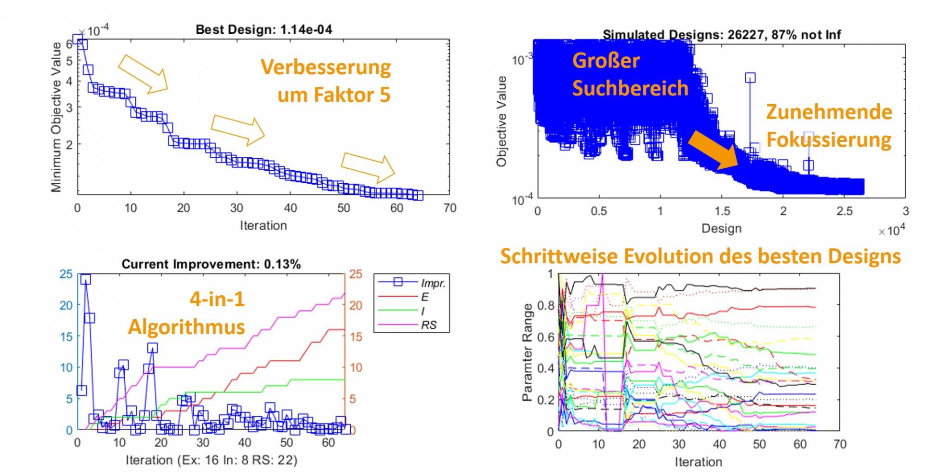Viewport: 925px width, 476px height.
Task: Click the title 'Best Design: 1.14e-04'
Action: [264, 29]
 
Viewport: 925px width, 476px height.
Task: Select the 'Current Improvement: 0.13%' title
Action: [211, 264]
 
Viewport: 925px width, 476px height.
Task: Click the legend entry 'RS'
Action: [428, 325]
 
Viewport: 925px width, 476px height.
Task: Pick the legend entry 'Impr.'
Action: [433, 283]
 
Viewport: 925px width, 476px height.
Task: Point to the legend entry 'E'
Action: [424, 297]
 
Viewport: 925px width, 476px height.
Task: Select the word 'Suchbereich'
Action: [630, 88]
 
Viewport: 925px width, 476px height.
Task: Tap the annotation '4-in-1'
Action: [217, 299]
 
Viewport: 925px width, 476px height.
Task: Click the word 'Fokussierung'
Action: [829, 140]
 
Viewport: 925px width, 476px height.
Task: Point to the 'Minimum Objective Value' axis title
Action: [56, 117]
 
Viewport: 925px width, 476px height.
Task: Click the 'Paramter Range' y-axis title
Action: [527, 352]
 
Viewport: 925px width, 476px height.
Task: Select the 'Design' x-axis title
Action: [721, 228]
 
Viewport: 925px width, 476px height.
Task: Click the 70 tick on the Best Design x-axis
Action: [449, 208]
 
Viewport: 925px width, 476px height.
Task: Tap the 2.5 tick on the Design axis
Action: [844, 211]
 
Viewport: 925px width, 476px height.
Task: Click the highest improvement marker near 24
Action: [86, 280]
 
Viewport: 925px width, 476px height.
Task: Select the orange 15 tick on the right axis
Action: [356, 337]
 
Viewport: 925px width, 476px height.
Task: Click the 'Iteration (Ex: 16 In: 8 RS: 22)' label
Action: [211, 460]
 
